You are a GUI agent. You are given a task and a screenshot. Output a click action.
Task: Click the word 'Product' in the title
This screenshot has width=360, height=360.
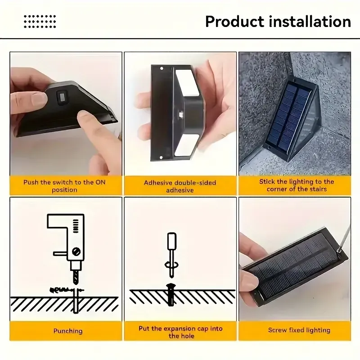coord(235,22)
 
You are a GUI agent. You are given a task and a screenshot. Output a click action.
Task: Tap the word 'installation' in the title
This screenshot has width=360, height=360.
coord(310,22)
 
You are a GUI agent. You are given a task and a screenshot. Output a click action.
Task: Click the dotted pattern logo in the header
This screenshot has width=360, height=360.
coord(40,21)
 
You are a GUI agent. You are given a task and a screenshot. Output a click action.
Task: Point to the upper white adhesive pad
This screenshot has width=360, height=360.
coord(187,83)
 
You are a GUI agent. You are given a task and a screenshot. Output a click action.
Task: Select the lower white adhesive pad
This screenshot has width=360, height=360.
coord(186,145)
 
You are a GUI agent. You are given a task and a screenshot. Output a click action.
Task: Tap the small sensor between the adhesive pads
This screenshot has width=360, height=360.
coord(181,114)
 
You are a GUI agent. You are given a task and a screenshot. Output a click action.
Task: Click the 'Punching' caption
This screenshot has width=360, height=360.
coord(68,331)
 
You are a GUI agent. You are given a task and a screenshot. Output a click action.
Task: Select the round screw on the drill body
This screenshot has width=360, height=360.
coord(76,252)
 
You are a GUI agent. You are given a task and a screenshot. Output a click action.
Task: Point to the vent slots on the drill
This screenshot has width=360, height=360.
coord(76,226)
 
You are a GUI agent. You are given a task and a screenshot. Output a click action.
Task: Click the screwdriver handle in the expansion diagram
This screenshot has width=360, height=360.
coord(172,241)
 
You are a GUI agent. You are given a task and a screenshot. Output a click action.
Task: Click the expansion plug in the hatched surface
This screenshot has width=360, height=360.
coord(171,295)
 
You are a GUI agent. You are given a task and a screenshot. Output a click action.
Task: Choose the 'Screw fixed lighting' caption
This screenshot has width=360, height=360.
coord(299,330)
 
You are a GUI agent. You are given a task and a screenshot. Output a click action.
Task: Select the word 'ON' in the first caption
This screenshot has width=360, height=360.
coord(100,182)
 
